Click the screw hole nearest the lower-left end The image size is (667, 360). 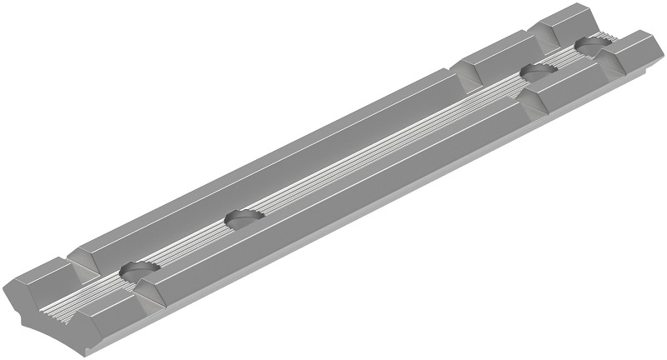coord(138,270)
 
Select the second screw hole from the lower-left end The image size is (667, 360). coord(243,218)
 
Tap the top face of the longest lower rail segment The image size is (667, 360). coord(333,208)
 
